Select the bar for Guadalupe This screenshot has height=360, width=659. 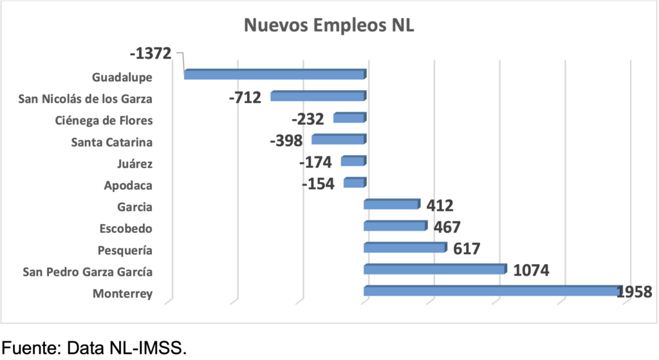pos(275,75)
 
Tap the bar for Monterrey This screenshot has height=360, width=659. pos(492,291)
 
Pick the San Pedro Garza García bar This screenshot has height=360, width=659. pos(435,269)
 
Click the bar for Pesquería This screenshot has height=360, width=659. pos(405,248)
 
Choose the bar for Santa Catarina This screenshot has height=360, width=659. pos(339,140)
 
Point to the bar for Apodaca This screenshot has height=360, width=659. pos(354,183)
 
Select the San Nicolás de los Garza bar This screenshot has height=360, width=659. pos(318,97)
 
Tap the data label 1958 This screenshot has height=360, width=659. pos(635,292)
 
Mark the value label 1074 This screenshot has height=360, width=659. pos(531,270)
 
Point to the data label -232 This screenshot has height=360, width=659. pos(308,119)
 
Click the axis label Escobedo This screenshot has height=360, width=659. pos(126,228)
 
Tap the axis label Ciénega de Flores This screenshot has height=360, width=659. pos(104,120)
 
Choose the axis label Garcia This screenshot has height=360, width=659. pos(135,207)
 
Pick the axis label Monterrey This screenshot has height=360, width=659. pos(122,294)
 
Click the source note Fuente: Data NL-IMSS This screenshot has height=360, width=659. pos(95,348)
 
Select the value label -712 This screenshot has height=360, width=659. pos(245,98)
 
